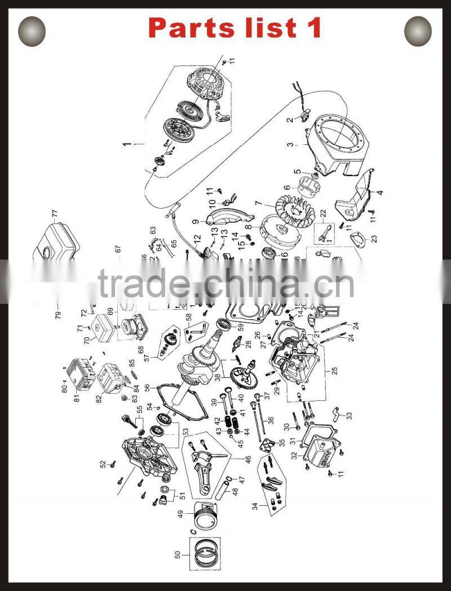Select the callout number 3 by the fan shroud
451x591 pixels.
[290, 145]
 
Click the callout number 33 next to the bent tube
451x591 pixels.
[349, 416]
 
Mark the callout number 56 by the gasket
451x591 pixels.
[147, 387]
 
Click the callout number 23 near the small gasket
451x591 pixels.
[374, 239]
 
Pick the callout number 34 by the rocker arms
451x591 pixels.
[256, 506]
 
